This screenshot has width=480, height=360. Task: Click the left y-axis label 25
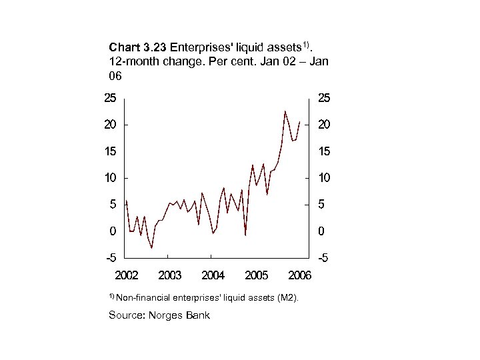tap(109, 98)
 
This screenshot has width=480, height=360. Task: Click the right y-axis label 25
tap(323, 98)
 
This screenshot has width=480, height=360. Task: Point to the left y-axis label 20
tap(109, 125)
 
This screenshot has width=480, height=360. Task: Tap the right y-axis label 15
tap(323, 151)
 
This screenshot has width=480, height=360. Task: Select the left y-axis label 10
tap(109, 178)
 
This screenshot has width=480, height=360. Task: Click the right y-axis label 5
tap(321, 205)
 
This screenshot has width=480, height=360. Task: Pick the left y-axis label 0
tap(113, 231)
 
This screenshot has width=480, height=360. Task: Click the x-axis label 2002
tap(127, 275)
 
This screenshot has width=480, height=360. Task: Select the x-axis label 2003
tap(170, 275)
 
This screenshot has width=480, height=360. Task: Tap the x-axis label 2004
tap(213, 275)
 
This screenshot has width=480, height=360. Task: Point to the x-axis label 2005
tap(257, 275)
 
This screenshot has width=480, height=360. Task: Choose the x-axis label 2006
tap(299, 275)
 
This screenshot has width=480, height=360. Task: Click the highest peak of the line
tap(285, 111)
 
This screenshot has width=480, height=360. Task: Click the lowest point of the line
tap(152, 247)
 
